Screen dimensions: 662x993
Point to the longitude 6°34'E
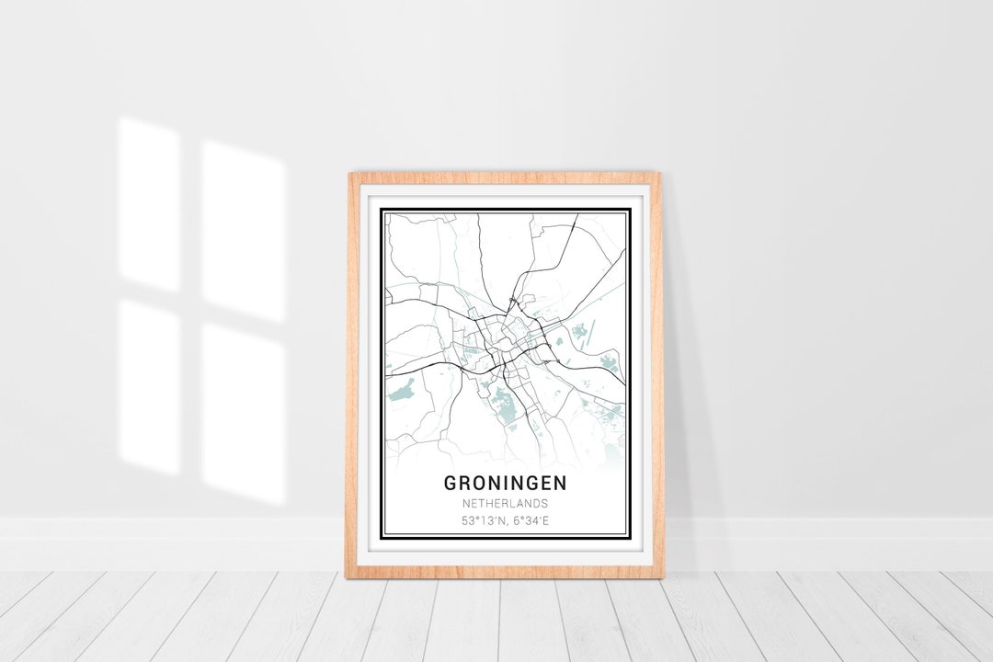click(531, 522)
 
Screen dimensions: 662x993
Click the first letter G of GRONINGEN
click(451, 482)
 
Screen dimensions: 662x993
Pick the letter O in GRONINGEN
click(480, 482)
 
